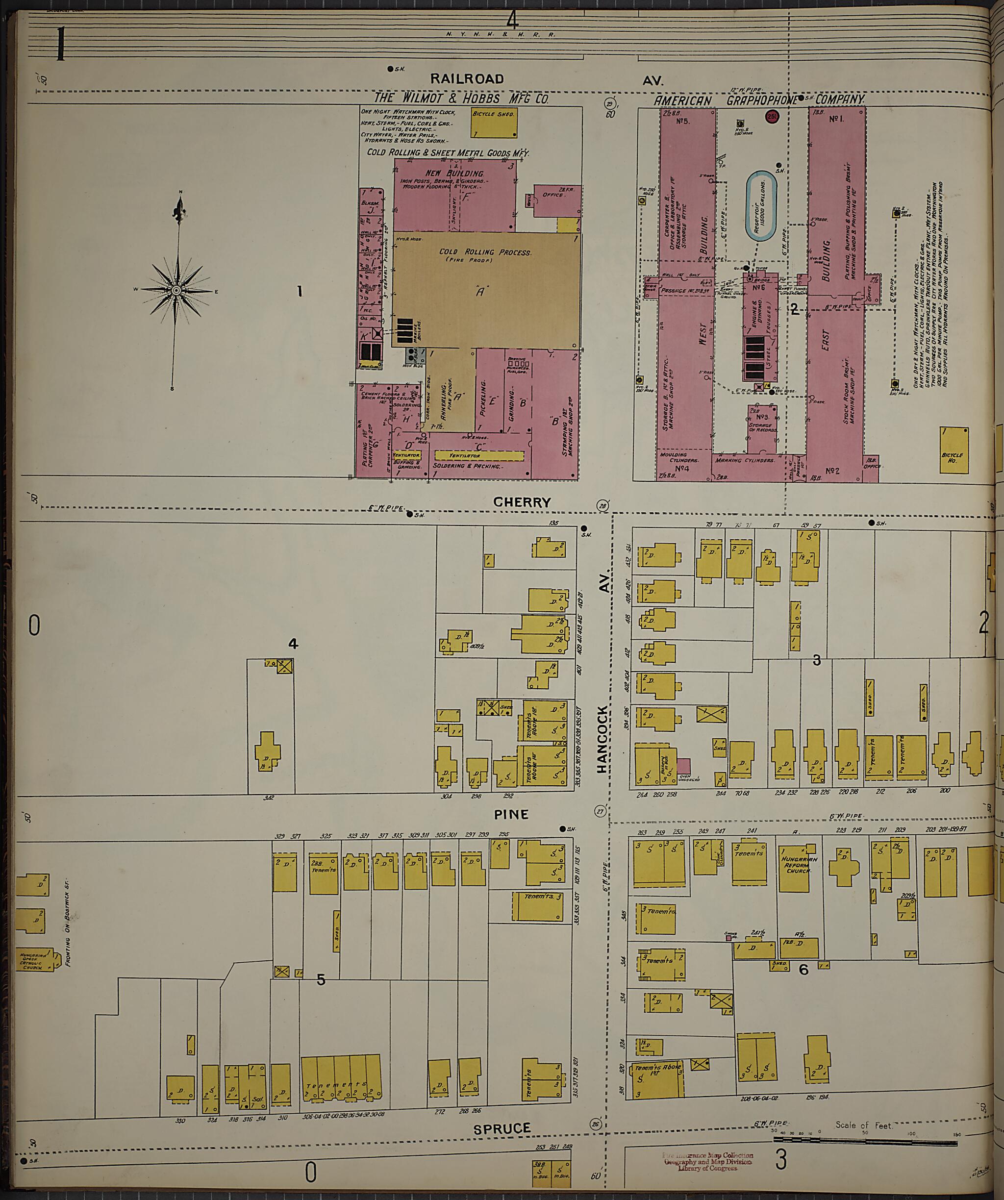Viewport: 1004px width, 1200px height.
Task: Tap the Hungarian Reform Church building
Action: point(796,869)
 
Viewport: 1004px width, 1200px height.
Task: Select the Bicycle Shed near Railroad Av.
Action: point(494,124)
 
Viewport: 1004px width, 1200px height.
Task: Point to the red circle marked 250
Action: point(772,117)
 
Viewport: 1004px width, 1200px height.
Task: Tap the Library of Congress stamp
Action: point(707,1162)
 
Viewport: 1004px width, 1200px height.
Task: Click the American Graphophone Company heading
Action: point(758,100)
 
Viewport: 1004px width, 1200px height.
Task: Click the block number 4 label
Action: point(293,644)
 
